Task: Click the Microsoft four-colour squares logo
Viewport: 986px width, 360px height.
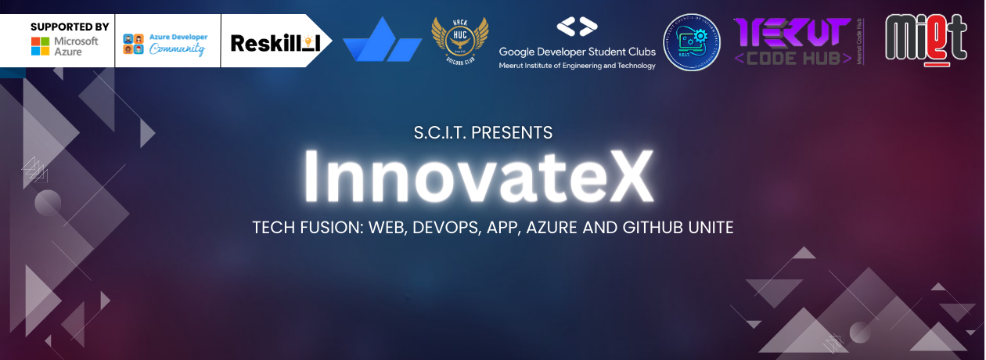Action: click(41, 46)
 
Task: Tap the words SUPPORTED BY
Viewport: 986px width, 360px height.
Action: click(70, 26)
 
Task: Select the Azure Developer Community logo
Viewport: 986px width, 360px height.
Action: click(165, 44)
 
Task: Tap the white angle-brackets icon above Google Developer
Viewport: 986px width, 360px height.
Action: click(577, 27)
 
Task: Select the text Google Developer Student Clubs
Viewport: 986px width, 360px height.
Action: click(578, 52)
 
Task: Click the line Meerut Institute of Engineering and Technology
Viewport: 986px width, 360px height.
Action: click(578, 66)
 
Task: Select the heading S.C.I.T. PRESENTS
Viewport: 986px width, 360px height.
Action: click(483, 133)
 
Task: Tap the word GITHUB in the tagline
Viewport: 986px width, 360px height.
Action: click(657, 229)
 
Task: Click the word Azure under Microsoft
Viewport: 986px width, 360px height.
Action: click(67, 52)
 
